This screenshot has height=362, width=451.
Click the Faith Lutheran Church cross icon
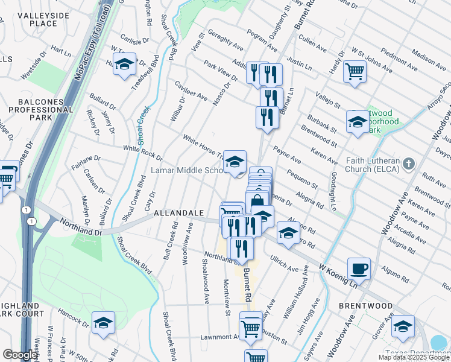pyautogui.click(x=409, y=164)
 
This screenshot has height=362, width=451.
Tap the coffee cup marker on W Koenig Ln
pyautogui.click(x=359, y=269)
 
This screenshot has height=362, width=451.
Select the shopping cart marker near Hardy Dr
pyautogui.click(x=355, y=72)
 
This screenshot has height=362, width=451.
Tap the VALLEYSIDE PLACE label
pyautogui.click(x=34, y=19)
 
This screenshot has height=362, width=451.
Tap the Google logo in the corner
pyautogui.click(x=20, y=355)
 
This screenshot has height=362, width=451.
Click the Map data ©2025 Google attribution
pyautogui.click(x=414, y=357)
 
